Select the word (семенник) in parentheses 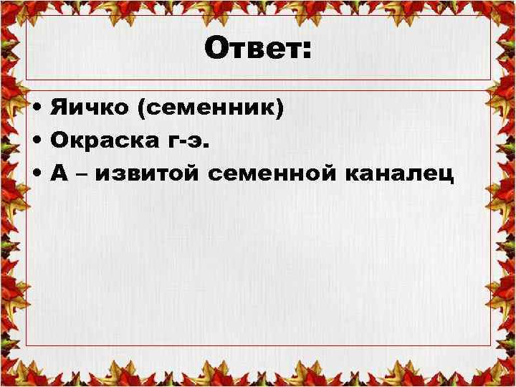(211, 110)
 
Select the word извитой (153, 173)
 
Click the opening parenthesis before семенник (143, 110)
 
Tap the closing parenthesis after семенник (280, 110)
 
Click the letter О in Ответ (215, 50)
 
